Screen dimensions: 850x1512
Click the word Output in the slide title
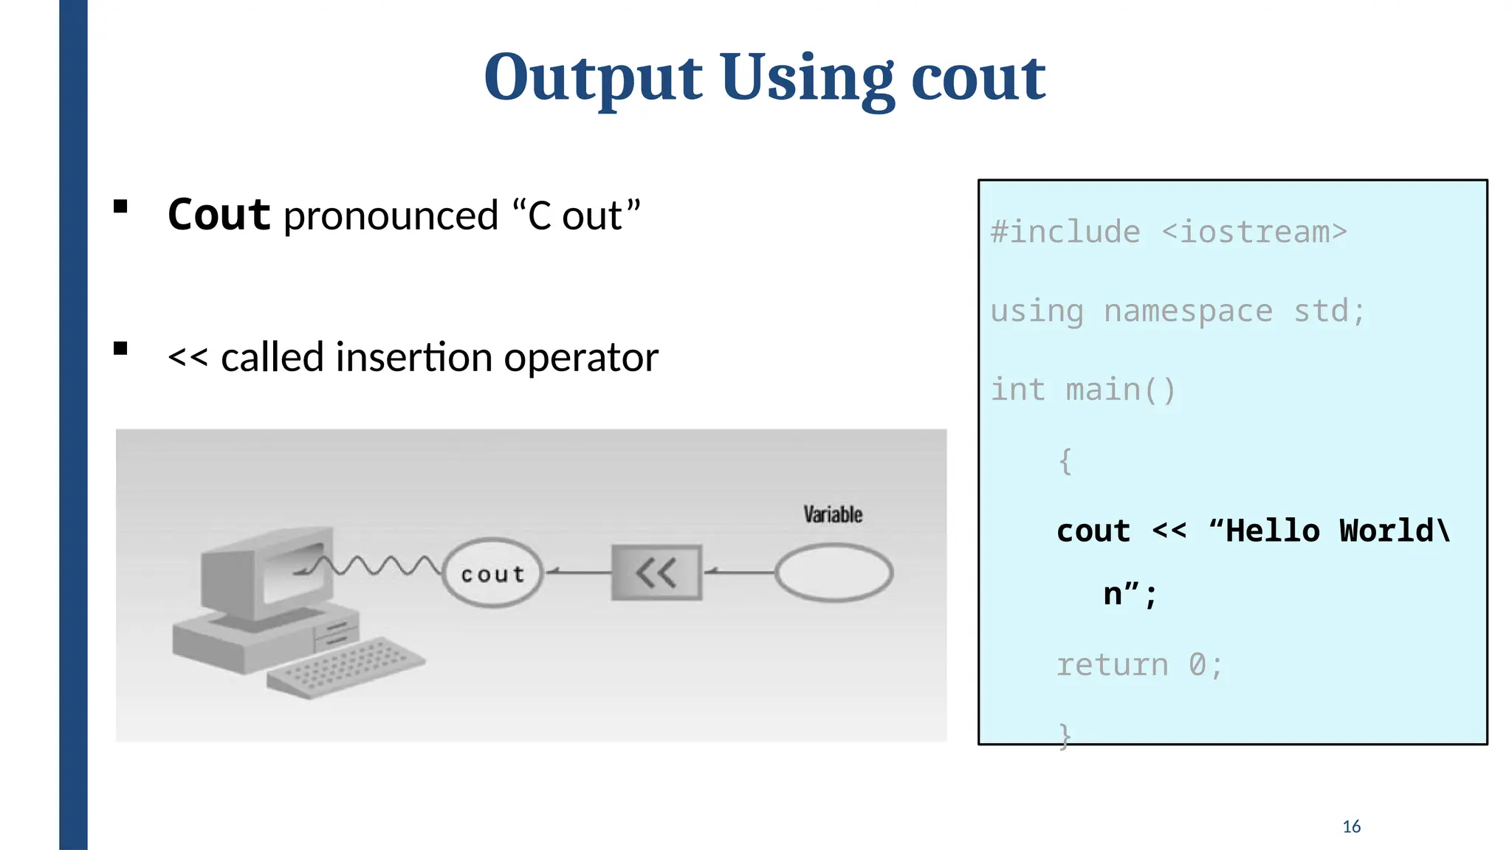pyautogui.click(x=593, y=78)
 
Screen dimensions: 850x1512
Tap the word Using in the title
pyautogui.click(x=807, y=78)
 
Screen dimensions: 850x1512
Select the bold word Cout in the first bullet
pyautogui.click(x=219, y=215)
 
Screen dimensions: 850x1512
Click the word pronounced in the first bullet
pyautogui.click(x=391, y=216)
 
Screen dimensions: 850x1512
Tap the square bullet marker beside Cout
pyautogui.click(x=121, y=207)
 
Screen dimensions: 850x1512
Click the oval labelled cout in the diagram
pyautogui.click(x=492, y=573)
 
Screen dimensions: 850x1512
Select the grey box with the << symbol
pyautogui.click(x=656, y=573)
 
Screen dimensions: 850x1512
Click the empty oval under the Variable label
pyautogui.click(x=834, y=573)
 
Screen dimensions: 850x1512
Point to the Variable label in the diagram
pyautogui.click(x=833, y=514)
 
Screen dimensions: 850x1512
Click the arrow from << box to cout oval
pyautogui.click(x=579, y=572)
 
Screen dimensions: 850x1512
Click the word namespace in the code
pyautogui.click(x=1188, y=311)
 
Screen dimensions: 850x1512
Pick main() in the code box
pyautogui.click(x=1120, y=390)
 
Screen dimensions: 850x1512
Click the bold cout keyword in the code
pyautogui.click(x=1093, y=531)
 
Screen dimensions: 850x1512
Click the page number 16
pyautogui.click(x=1351, y=826)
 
